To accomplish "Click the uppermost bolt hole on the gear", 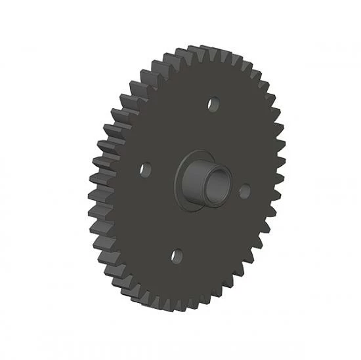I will [213, 103].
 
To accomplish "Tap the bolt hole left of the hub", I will [146, 169].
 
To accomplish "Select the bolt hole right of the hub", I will [245, 190].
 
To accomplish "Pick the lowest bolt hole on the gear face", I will [175, 254].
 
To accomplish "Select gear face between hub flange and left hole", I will [161, 174].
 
